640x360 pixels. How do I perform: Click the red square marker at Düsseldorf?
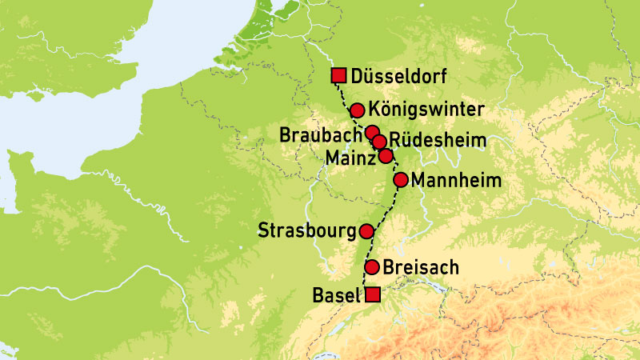[x=338, y=76]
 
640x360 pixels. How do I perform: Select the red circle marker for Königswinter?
[x=358, y=110]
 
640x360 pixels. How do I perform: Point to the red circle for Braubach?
[x=372, y=132]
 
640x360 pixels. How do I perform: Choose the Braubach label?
[x=319, y=134]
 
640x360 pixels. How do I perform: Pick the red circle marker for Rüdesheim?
[x=380, y=142]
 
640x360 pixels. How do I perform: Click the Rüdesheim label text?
[x=439, y=142]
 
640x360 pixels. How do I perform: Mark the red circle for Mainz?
[x=386, y=156]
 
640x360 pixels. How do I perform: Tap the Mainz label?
[x=350, y=160]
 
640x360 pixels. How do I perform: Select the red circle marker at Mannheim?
[x=401, y=179]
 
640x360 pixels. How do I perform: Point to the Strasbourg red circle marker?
[x=366, y=231]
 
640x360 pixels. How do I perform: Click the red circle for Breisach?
[x=372, y=267]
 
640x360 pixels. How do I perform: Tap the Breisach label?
[x=421, y=267]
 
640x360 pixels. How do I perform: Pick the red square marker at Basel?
[x=372, y=295]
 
